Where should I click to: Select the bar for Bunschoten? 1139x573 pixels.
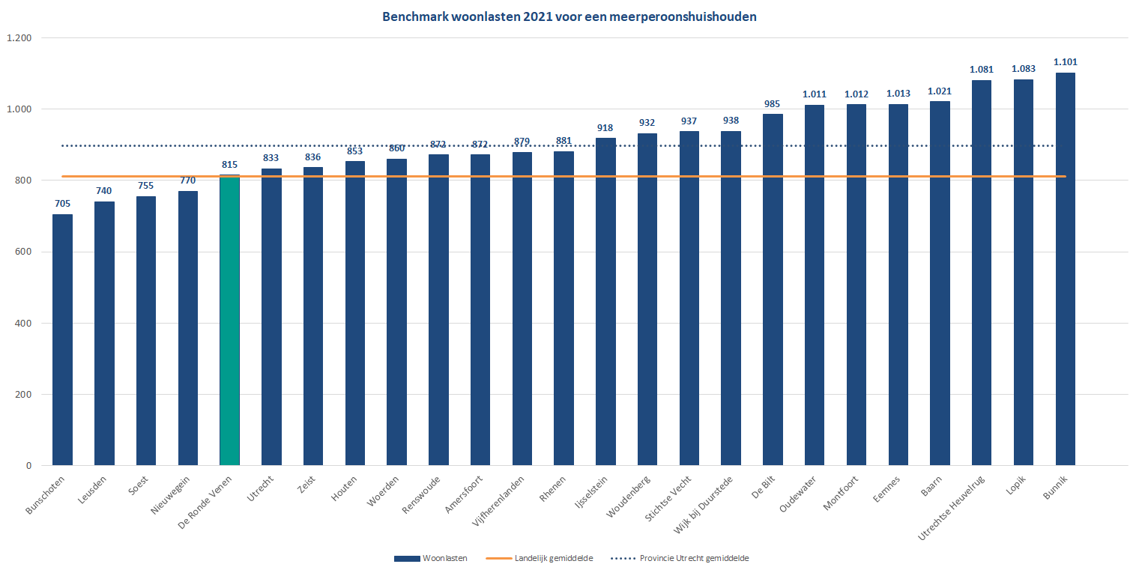coord(62,340)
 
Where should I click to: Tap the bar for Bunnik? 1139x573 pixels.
coord(1065,270)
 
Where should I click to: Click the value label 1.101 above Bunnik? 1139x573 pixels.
coord(1065,62)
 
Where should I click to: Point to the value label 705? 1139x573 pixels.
coord(62,203)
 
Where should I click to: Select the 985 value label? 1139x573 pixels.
coord(773,104)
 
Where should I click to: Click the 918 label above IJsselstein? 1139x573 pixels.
coord(605,128)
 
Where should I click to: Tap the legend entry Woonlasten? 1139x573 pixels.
coord(445,558)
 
